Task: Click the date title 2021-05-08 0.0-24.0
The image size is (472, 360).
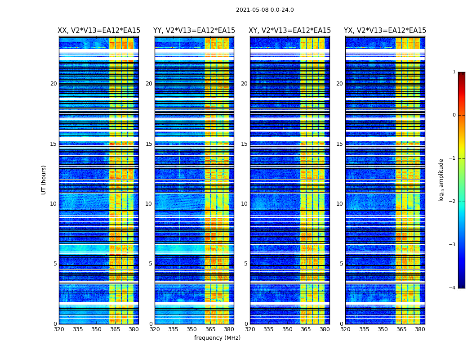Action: coord(265,10)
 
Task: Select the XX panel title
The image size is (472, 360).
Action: coord(99,31)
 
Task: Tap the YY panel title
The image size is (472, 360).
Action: coord(194,31)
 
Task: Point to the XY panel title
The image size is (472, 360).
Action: coord(290,31)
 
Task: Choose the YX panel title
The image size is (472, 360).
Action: coord(385,31)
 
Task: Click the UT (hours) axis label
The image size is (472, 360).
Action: coord(44,180)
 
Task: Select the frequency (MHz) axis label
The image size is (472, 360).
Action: coord(217,338)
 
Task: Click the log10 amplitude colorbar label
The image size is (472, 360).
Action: coord(441,180)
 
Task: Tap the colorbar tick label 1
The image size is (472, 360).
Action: coord(454,72)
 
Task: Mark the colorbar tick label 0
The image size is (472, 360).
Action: coord(454,115)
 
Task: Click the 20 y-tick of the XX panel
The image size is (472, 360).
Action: coord(53,84)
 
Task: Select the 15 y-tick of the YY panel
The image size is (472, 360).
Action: coord(149,144)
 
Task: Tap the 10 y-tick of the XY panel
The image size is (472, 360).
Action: coord(244,204)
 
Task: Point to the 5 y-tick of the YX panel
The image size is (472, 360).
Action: coord(341,264)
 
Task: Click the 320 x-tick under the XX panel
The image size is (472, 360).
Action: coord(59,329)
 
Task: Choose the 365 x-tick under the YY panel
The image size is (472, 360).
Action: coord(210,329)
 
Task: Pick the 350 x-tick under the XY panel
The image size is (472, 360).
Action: coord(287,329)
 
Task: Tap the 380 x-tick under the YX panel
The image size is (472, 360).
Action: coord(420,329)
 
